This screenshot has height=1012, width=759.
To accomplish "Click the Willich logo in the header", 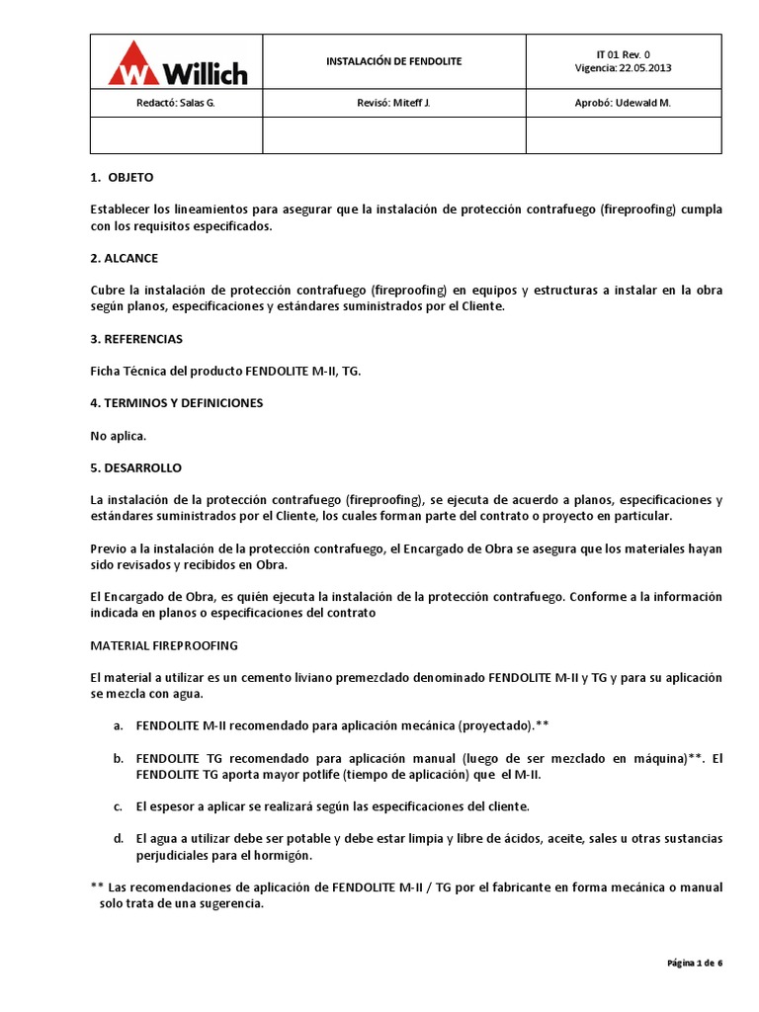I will coord(178,62).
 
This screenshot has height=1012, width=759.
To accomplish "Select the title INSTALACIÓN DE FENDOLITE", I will coord(393,61).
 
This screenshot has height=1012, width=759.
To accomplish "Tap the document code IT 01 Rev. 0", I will coord(623,54).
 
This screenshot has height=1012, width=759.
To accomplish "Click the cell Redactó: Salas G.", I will coord(176,102).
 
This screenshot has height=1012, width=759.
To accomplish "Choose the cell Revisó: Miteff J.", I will coord(393,102).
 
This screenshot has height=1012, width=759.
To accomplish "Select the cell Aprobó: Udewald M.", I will coord(623,102).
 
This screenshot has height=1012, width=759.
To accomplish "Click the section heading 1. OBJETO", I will coord(122,177).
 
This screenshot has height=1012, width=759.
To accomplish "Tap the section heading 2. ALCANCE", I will coord(124,258).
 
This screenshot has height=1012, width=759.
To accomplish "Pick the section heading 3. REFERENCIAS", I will coord(135,339).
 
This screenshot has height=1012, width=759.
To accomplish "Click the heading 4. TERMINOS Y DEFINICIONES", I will coord(176,403).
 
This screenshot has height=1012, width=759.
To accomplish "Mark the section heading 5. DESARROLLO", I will coord(135,467).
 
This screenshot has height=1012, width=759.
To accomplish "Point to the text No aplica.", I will coord(118,435).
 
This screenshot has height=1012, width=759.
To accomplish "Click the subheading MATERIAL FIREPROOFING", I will coord(163,645).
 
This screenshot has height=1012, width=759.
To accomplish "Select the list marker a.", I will coord(118,725).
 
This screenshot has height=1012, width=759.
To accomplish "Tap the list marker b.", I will coord(118,758).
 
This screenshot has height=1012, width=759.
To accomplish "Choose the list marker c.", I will coord(118,806).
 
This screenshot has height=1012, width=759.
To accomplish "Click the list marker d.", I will coord(118,838).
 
